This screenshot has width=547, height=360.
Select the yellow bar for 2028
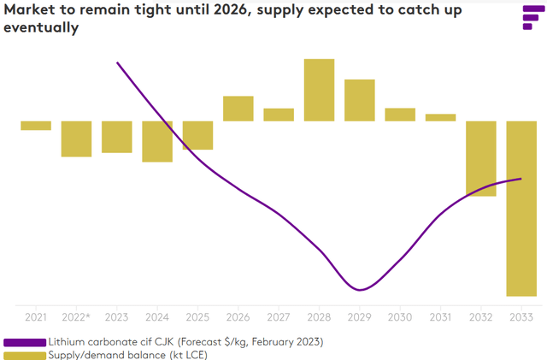(x=319, y=90)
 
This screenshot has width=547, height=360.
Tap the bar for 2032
(x=480, y=158)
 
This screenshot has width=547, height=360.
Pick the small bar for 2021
(x=36, y=126)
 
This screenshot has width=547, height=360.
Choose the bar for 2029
(x=360, y=100)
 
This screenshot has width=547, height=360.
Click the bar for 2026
(x=238, y=109)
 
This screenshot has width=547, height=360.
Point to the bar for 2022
(x=76, y=139)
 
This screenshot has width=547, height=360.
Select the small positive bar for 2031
(x=440, y=117)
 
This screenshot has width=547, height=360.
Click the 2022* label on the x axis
(x=76, y=317)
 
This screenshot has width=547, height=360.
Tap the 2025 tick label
(x=197, y=317)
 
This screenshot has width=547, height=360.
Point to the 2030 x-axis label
(x=400, y=317)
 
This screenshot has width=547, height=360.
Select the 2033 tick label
(x=521, y=317)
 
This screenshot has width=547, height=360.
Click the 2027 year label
(x=279, y=317)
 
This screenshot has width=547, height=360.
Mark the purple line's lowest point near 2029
(x=360, y=289)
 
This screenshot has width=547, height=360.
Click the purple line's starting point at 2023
(x=117, y=62)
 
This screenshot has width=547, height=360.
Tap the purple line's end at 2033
(x=521, y=179)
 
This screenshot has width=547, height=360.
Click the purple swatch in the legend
(x=25, y=342)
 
